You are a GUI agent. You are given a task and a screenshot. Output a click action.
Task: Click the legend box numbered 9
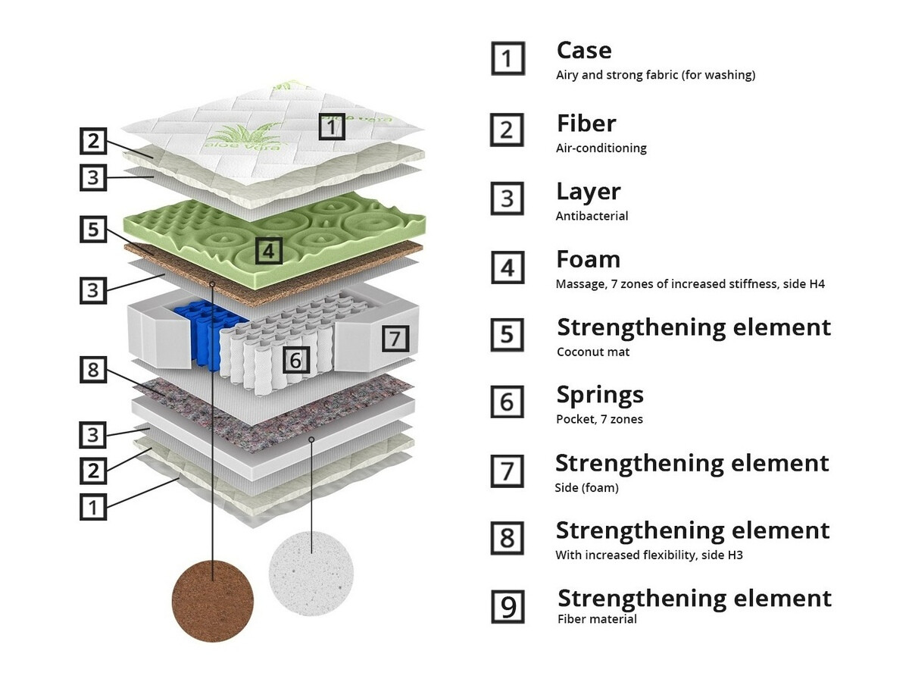click(x=508, y=606)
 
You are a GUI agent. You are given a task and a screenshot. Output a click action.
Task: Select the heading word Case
click(x=583, y=51)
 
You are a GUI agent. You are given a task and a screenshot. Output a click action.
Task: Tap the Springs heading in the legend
click(x=600, y=395)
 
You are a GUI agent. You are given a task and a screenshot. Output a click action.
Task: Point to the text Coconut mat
click(x=592, y=352)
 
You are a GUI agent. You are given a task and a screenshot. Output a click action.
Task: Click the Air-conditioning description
click(x=601, y=148)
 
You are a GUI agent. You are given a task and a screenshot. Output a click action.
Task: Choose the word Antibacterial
click(x=592, y=216)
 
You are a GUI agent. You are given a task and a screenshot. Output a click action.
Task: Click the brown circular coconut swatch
click(x=213, y=600)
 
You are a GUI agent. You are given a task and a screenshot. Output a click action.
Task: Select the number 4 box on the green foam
click(x=268, y=251)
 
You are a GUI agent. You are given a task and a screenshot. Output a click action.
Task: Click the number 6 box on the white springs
click(x=296, y=359)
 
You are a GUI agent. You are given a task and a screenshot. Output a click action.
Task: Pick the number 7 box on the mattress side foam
click(x=394, y=338)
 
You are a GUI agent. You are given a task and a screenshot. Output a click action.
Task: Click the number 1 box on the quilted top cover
click(x=330, y=127)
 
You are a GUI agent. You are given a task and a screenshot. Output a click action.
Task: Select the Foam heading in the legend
click(x=588, y=259)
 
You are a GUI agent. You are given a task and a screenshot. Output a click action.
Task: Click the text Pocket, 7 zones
click(x=599, y=419)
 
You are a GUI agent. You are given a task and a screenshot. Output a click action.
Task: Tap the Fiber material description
click(x=596, y=619)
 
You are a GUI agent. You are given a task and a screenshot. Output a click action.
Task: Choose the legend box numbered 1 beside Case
click(x=508, y=58)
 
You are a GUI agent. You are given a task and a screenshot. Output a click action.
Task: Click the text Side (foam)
click(x=586, y=488)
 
